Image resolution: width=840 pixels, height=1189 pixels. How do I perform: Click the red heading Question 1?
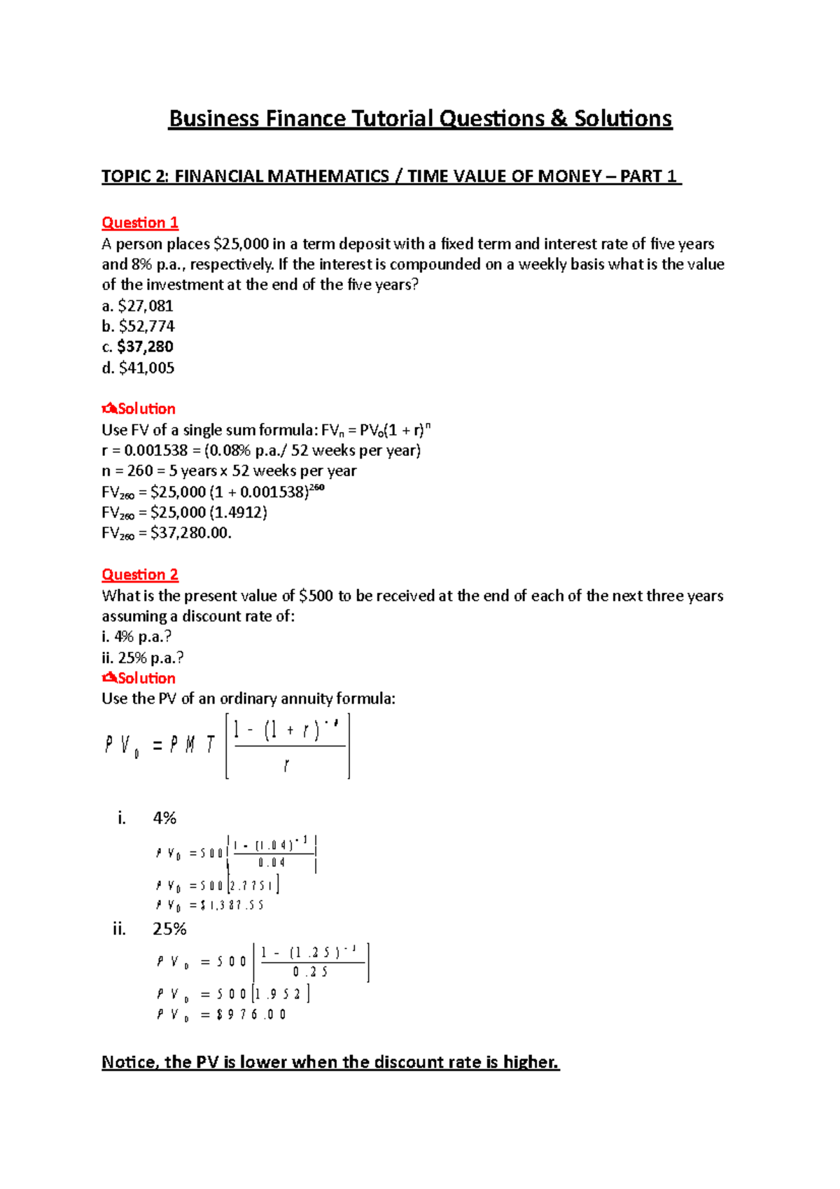[x=140, y=223]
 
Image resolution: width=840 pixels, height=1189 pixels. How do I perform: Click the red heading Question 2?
[x=140, y=575]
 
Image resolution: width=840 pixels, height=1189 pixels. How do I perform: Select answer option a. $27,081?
[x=137, y=306]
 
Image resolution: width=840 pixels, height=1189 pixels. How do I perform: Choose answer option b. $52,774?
[x=138, y=326]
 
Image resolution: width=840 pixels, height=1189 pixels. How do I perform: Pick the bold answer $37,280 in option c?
[x=145, y=347]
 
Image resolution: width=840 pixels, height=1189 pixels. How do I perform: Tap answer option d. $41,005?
[x=138, y=368]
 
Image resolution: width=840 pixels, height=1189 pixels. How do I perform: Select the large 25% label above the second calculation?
[x=169, y=929]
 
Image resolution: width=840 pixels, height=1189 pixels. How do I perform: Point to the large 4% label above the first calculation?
[x=164, y=818]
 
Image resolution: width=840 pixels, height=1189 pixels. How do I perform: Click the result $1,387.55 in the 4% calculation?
[x=232, y=905]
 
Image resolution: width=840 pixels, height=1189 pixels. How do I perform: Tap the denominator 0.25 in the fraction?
[x=310, y=972]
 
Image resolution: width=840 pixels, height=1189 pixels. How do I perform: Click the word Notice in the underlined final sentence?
[x=131, y=1062]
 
